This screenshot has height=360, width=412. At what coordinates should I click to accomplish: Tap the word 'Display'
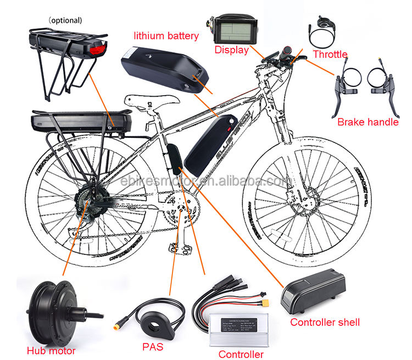[231, 50]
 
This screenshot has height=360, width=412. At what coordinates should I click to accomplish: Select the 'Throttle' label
[330, 54]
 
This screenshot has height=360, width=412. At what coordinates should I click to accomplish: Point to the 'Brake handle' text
[368, 122]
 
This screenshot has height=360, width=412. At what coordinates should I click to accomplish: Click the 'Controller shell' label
[325, 322]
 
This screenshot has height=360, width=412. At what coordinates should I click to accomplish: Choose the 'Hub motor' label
[50, 350]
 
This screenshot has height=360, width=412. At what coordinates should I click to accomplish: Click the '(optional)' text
[65, 21]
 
